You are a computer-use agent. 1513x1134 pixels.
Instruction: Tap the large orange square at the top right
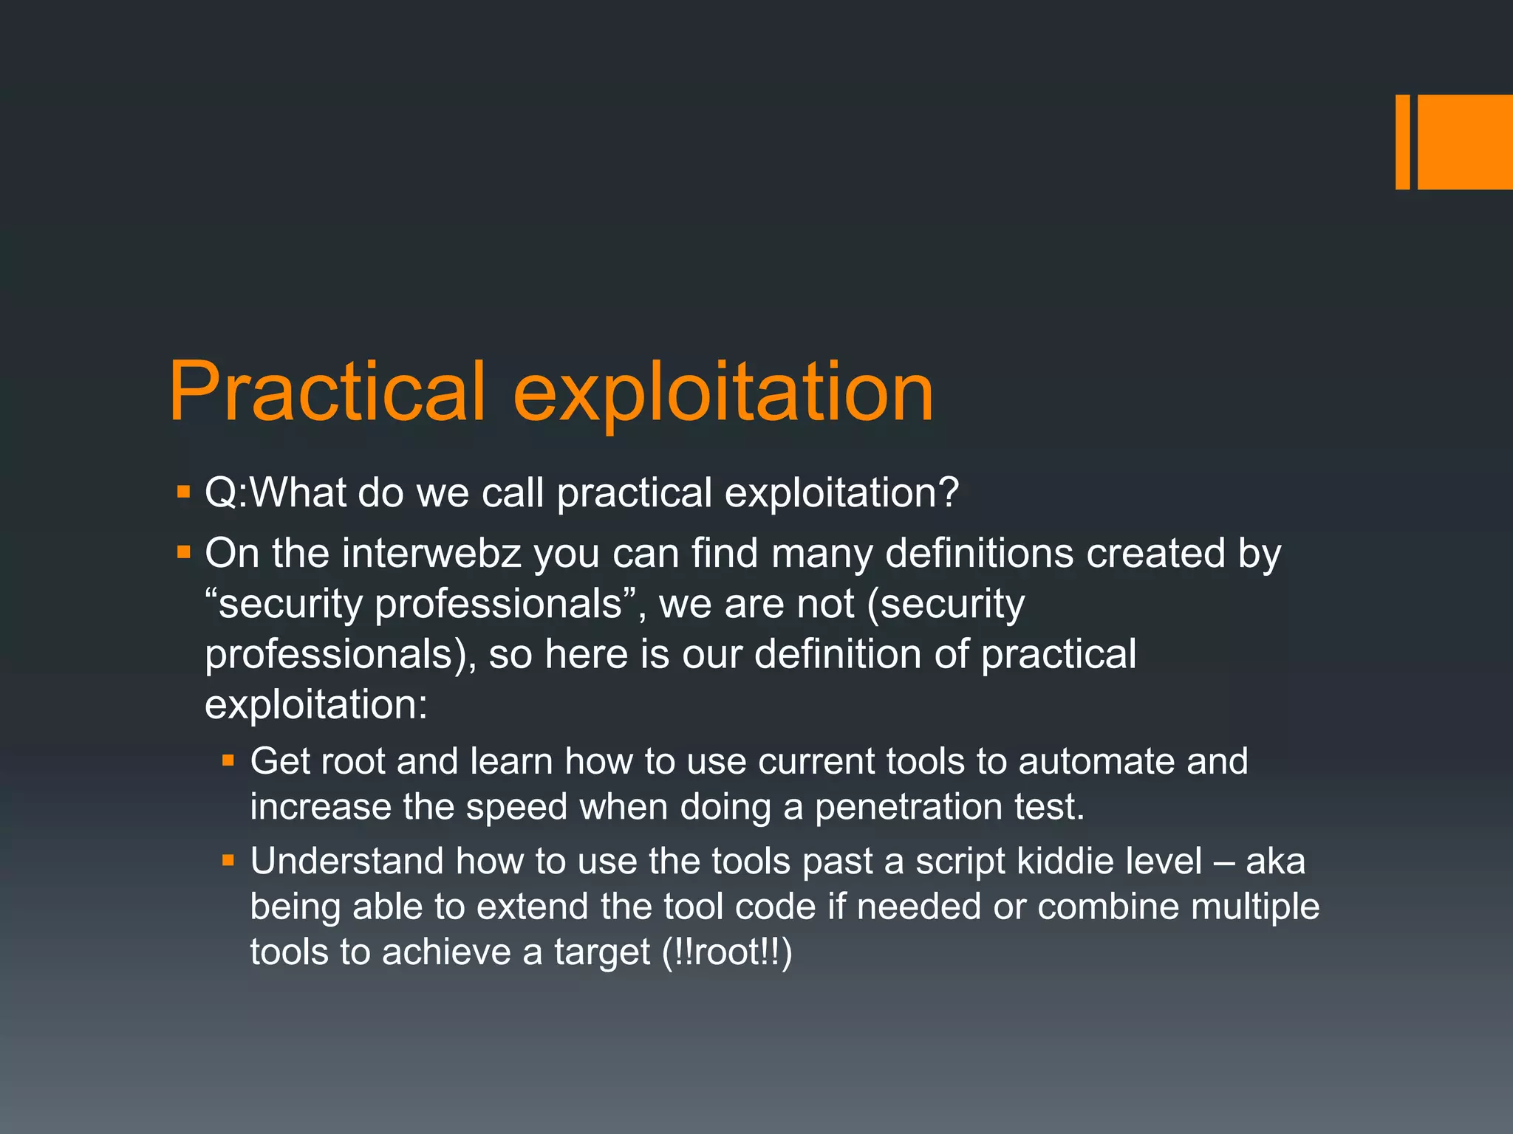[1465, 142]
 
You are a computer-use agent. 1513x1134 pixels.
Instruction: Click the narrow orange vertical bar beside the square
[1402, 142]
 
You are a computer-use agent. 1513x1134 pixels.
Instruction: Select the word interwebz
[431, 554]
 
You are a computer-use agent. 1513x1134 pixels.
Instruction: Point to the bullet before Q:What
[184, 491]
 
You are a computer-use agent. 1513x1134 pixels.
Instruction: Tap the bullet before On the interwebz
[184, 551]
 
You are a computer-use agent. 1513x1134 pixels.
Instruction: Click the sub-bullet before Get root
[228, 760]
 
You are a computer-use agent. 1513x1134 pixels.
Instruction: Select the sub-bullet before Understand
[228, 860]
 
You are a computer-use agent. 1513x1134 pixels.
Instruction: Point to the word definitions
[979, 554]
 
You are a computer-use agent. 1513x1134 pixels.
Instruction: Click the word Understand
[346, 862]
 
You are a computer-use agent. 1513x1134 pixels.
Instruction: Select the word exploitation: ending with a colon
[316, 705]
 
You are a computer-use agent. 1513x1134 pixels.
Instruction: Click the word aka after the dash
[1275, 862]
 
